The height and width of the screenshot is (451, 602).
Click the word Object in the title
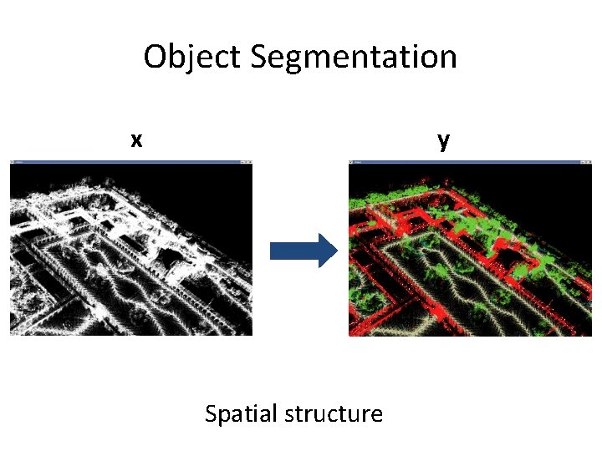[192, 58]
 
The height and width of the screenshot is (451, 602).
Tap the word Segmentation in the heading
[353, 58]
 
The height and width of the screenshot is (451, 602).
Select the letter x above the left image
[136, 139]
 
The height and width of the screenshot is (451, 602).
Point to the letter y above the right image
[443, 139]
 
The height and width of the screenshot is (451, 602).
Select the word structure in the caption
[334, 413]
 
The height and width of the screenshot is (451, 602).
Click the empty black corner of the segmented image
[552, 188]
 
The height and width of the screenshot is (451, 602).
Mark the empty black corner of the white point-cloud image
[213, 188]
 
